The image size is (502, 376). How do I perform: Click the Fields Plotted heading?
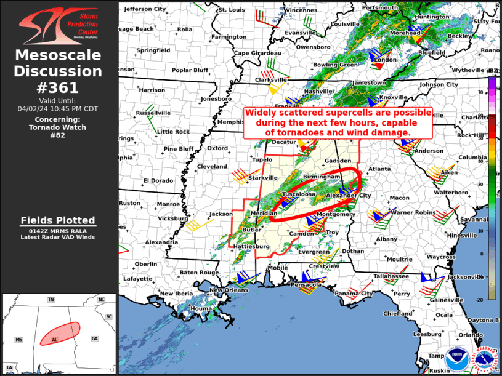point(59,220)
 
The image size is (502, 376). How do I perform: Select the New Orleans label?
point(232,290)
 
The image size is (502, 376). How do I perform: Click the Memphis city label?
point(231,122)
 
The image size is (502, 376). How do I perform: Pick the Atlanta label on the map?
point(379,169)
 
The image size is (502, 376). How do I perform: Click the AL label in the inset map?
point(55,340)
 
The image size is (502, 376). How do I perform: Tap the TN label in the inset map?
point(52,300)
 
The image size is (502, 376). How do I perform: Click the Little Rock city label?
point(173,132)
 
